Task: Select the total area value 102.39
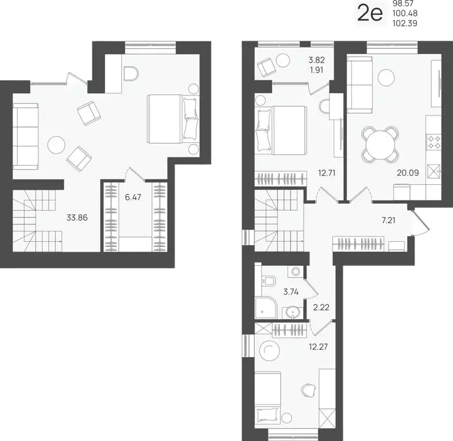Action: (x=405, y=23)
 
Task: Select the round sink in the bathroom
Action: (x=293, y=312)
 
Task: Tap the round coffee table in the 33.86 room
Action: (x=56, y=144)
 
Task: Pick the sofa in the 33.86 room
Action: (x=26, y=137)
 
